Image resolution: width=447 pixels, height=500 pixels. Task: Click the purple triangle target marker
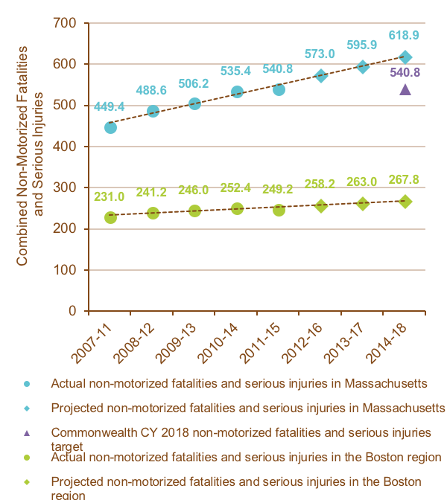tap(405, 90)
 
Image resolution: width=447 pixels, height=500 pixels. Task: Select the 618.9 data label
tap(405, 35)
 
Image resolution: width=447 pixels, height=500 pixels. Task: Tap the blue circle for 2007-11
tap(110, 127)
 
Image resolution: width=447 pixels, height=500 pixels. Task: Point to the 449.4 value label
tap(110, 107)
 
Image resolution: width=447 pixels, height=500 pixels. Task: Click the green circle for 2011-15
tap(279, 210)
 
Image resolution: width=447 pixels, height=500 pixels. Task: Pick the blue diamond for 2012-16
tap(321, 75)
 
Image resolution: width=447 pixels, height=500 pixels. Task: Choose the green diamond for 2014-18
tap(405, 201)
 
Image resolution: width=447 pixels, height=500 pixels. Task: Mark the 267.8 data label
tap(405, 179)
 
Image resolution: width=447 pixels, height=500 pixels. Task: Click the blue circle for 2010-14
tap(237, 92)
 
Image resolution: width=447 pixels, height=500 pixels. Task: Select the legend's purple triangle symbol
tap(27, 433)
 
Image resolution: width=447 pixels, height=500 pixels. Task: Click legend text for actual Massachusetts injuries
tap(238, 384)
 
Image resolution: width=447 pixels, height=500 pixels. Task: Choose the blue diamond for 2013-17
tap(363, 66)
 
